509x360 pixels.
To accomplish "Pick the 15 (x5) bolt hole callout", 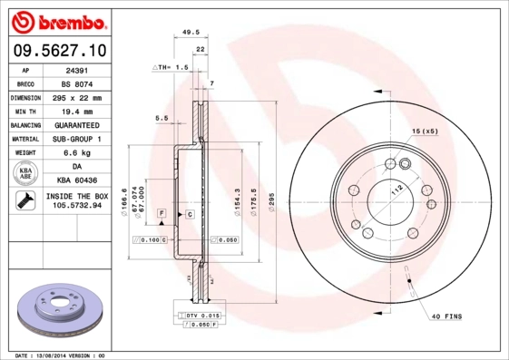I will click(x=425, y=132).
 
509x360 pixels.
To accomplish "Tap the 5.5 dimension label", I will click(x=162, y=118).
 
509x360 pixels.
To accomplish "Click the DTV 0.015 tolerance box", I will click(x=201, y=314).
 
